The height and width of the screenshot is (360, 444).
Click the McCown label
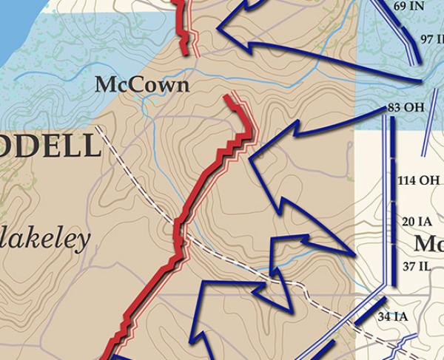click(x=142, y=86)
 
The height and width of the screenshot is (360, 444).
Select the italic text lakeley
click(x=45, y=239)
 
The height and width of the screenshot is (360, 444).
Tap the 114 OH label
click(x=418, y=180)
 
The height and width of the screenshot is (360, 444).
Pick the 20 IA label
click(x=417, y=221)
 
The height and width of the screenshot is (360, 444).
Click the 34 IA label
click(x=392, y=316)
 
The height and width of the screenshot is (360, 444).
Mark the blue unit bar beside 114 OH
click(x=393, y=179)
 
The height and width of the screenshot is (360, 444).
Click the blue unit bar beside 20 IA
click(x=393, y=221)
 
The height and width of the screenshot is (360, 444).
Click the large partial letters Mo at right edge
click(x=429, y=243)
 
